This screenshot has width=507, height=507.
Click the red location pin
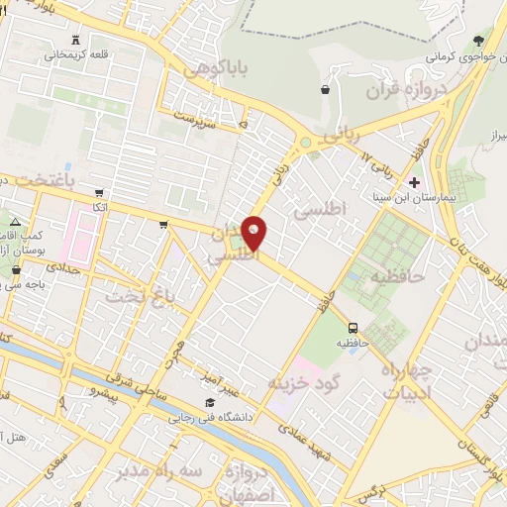(x=254, y=234)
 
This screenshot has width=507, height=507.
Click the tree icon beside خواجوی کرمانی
(x=479, y=41)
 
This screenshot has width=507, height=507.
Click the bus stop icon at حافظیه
(x=353, y=328)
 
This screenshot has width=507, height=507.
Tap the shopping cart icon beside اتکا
(x=99, y=193)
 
